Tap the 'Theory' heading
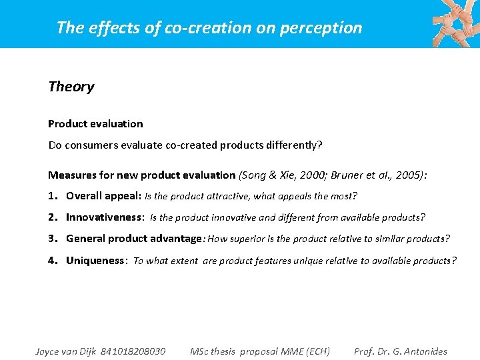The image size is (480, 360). point(71,87)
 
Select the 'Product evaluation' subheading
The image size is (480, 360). point(95,124)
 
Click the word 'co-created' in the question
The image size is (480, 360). point(187,145)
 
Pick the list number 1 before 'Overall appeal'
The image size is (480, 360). point(52,196)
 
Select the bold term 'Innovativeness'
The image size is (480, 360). point(104,217)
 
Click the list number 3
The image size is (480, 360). point(52,239)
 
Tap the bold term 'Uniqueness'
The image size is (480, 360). point(95,260)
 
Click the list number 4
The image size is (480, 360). point(52,260)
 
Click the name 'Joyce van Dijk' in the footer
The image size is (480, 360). point(66,351)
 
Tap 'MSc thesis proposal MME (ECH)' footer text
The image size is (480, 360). point(260,351)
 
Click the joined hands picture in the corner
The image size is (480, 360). point(455,23)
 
